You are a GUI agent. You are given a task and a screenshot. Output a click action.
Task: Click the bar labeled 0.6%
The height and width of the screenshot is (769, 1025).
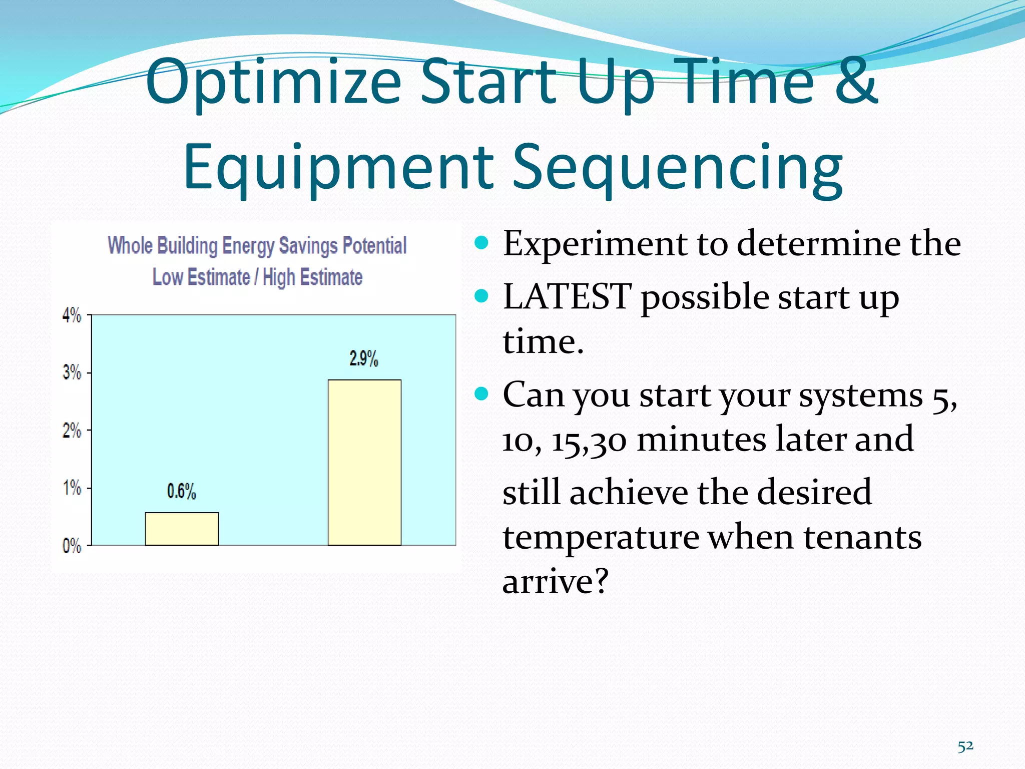coord(182,529)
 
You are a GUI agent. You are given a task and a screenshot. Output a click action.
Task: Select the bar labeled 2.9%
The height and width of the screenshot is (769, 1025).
coord(364,462)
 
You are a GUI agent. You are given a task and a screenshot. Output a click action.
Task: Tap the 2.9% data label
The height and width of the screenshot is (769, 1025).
coord(364,359)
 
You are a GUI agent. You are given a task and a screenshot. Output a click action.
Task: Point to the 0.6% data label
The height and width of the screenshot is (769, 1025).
coord(181,492)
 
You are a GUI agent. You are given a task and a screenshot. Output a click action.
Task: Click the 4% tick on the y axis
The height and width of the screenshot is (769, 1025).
coord(72,315)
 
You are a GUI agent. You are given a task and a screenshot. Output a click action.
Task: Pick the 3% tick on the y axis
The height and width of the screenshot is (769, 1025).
coord(72,372)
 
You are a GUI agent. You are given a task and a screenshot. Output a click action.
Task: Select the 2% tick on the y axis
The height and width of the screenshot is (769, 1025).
coord(72,430)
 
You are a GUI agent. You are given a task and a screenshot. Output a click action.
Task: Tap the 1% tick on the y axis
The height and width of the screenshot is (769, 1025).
coord(72,488)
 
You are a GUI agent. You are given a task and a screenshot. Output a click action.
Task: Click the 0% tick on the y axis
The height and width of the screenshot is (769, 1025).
coord(72,546)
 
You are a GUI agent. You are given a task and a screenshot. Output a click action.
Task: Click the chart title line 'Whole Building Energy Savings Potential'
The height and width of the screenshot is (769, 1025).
coord(257,246)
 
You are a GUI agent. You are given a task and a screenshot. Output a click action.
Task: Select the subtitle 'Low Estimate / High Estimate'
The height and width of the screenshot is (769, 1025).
coord(257,277)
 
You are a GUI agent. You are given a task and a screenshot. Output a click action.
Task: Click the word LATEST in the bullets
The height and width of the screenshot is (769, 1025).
coord(567,296)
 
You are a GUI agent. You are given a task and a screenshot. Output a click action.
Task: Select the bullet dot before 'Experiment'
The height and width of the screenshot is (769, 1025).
coord(481,243)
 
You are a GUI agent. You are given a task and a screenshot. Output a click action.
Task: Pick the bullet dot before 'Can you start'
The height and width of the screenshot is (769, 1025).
coord(481,394)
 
